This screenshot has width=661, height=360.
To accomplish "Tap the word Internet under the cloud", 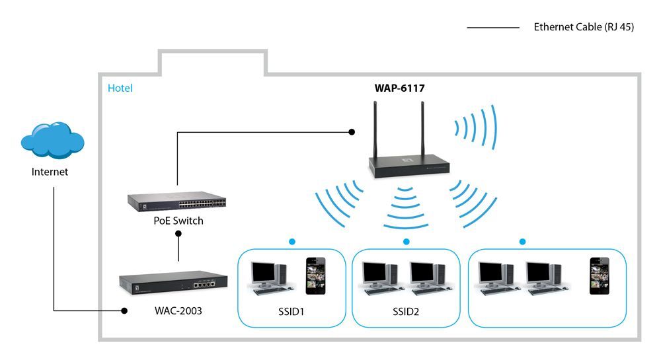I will click(50, 172).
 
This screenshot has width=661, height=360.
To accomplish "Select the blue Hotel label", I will click(120, 88).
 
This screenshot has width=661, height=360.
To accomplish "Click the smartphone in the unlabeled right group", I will click(599, 275).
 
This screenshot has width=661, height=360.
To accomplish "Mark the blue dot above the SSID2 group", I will click(406, 242).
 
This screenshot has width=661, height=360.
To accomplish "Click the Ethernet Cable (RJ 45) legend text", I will click(584, 28).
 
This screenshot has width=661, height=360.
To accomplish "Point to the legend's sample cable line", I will click(492, 28).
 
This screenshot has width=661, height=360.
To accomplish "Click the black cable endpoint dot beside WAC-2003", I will click(124, 310).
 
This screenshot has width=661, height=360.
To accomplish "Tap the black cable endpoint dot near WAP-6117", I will click(352, 132).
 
